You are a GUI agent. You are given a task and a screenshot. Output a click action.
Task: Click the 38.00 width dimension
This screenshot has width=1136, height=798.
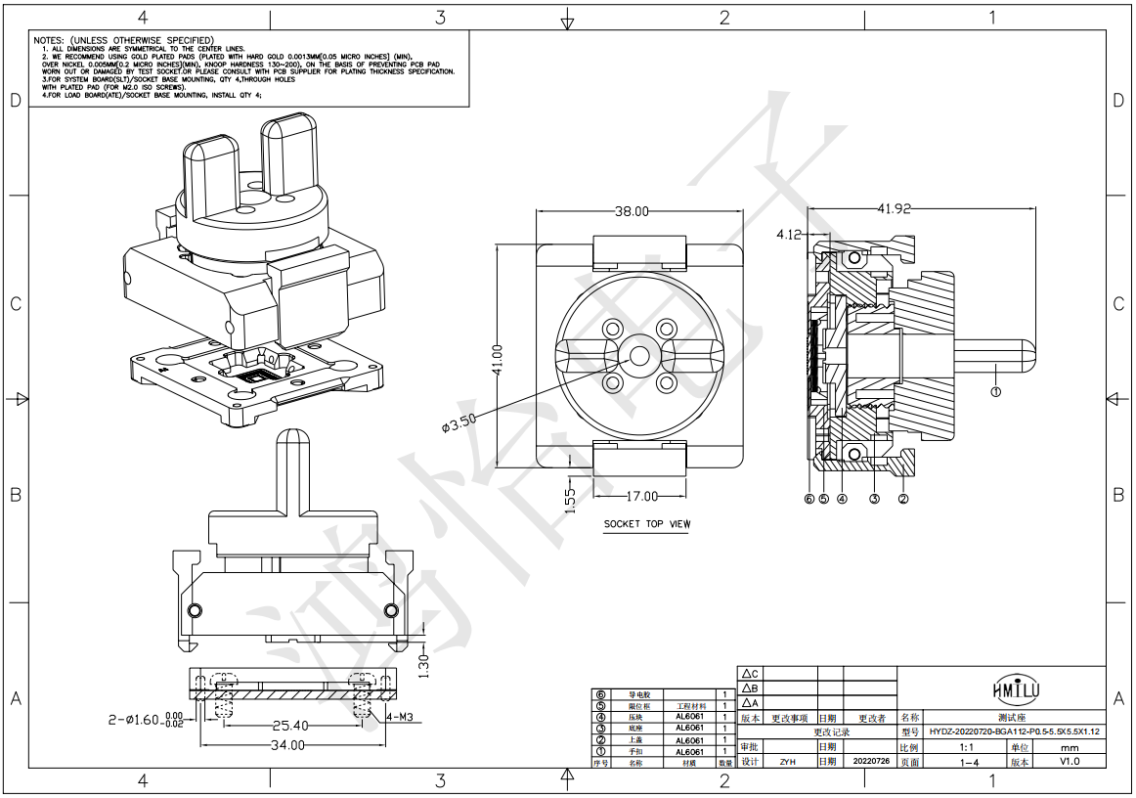633,211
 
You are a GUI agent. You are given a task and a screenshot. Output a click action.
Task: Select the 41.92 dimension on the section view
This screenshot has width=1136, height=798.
895,208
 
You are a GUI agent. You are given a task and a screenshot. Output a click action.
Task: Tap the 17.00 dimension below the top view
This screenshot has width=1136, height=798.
641,496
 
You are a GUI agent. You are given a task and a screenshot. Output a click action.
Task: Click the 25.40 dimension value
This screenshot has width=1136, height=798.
289,726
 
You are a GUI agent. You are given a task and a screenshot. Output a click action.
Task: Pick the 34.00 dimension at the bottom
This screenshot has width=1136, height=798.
288,745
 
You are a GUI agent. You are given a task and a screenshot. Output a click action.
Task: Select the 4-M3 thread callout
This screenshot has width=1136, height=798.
401,717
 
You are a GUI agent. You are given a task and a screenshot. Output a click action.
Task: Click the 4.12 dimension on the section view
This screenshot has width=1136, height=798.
789,235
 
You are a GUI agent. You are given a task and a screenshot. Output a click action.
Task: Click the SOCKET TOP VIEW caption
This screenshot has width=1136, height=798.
646,524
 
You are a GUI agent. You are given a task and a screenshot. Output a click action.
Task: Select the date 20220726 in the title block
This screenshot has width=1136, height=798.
870,761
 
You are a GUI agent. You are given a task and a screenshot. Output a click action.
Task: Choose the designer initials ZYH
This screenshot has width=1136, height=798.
786,761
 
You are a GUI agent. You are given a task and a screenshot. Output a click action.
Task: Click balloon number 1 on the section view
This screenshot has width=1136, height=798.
995,392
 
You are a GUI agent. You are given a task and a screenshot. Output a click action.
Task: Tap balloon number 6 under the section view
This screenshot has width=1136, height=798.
808,498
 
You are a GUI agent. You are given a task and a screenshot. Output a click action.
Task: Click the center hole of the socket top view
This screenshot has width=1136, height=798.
639,355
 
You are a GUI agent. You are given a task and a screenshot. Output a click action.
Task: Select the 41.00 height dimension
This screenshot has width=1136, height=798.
497,359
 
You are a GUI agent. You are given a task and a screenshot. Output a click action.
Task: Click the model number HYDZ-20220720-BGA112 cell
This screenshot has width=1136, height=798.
1014,731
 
